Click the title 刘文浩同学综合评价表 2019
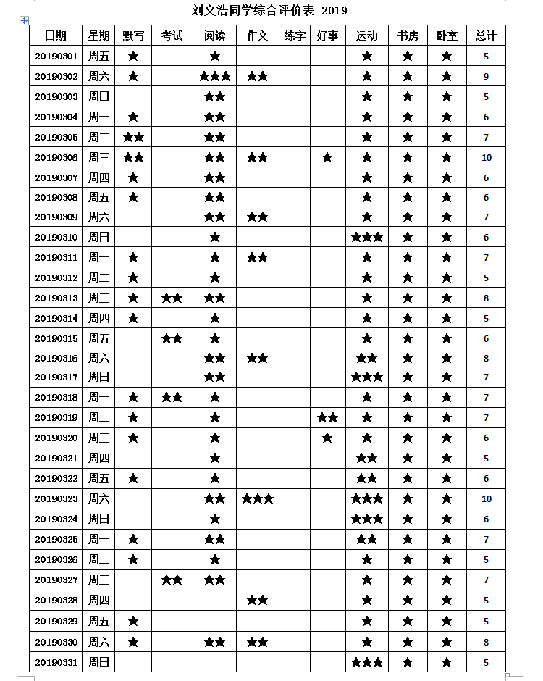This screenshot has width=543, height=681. pos(269,10)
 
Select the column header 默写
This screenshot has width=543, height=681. pos(133,35)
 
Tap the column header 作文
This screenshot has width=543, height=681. pos(258,35)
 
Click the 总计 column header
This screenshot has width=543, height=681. pos(486,35)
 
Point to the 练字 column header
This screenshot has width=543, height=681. pos(295,35)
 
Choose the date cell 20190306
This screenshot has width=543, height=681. pos(56,158)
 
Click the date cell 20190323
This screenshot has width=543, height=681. pos(56,499)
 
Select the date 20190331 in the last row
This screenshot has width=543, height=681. pos(56,662)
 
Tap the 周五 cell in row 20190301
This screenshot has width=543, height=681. pos(99,56)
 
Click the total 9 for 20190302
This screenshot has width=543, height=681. pos(486,77)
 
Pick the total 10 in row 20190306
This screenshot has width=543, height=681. pos(486,158)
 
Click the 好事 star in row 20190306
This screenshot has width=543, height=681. pos(327,158)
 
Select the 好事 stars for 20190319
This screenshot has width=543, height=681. pos(327,418)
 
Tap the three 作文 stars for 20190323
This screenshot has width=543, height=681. pos(258,499)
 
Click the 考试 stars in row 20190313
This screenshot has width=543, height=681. pos(172,298)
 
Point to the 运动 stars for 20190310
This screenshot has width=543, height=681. pos(366,238)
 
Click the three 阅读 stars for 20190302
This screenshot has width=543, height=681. pos(215,77)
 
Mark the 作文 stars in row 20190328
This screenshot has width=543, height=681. pos(258,601)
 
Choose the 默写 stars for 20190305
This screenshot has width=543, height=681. pos(133,138)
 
